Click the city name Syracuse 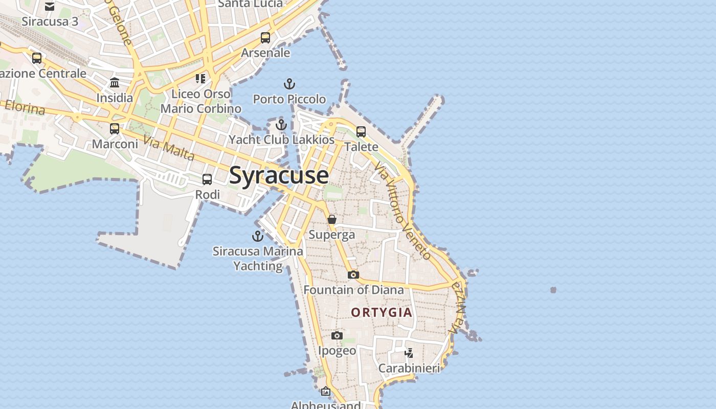(x=279, y=175)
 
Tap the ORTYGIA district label (x=382, y=312)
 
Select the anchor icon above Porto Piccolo (x=289, y=84)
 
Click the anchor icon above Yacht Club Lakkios (x=281, y=125)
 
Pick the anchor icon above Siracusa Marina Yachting (x=258, y=236)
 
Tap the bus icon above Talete (x=361, y=132)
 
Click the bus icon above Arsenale (x=265, y=38)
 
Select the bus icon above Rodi (x=207, y=179)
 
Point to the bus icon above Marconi (x=115, y=129)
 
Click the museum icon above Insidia (x=115, y=83)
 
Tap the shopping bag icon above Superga (x=332, y=219)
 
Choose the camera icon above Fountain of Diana (x=353, y=275)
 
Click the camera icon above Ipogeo (x=337, y=336)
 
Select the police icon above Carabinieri (x=409, y=353)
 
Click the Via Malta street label (x=169, y=148)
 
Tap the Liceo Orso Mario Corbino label (x=201, y=101)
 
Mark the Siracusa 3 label (x=50, y=21)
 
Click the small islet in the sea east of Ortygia (x=553, y=290)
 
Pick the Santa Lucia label (x=250, y=4)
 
